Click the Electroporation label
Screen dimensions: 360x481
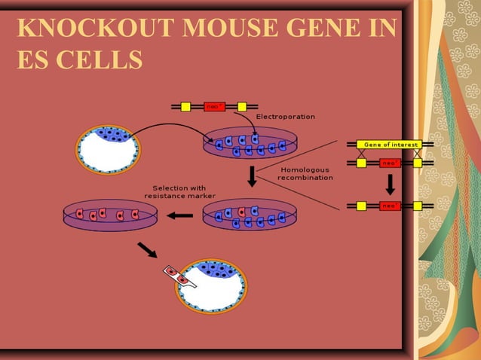pos(286,117)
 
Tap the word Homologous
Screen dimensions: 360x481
pos(305,169)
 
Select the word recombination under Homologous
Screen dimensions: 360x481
pos(305,178)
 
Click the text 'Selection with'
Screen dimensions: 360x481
pos(179,188)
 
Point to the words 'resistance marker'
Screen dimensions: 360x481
pos(175,196)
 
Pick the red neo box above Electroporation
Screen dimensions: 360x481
pos(215,107)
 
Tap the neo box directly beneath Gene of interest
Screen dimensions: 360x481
pos(390,162)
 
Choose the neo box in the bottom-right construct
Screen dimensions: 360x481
pos(390,205)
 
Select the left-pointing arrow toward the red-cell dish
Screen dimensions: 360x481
pos(180,215)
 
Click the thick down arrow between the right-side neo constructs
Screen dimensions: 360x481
pos(391,184)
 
